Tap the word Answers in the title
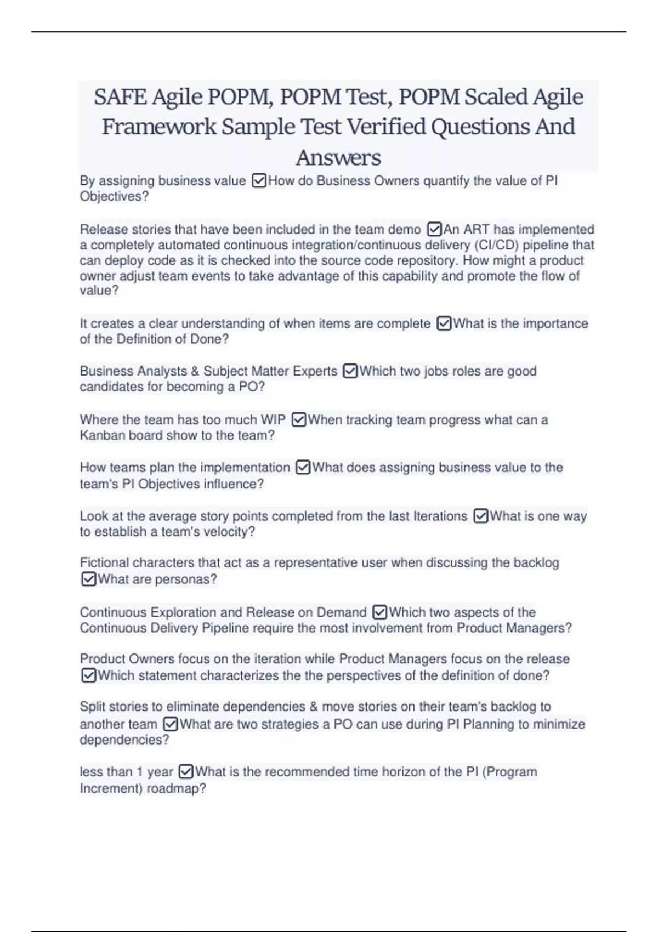click(x=338, y=158)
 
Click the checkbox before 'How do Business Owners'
click(x=259, y=181)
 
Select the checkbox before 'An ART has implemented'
click(x=434, y=229)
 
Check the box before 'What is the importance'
click(x=444, y=323)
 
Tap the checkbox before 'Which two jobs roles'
click(x=350, y=371)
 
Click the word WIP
click(x=273, y=420)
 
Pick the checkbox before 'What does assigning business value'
click(x=303, y=468)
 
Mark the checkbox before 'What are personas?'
click(x=88, y=579)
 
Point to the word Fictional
click(x=104, y=562)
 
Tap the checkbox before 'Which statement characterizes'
click(x=88, y=675)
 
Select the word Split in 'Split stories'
click(x=92, y=707)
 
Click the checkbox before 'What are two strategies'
click(x=171, y=724)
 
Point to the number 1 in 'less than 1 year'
click(x=140, y=772)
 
